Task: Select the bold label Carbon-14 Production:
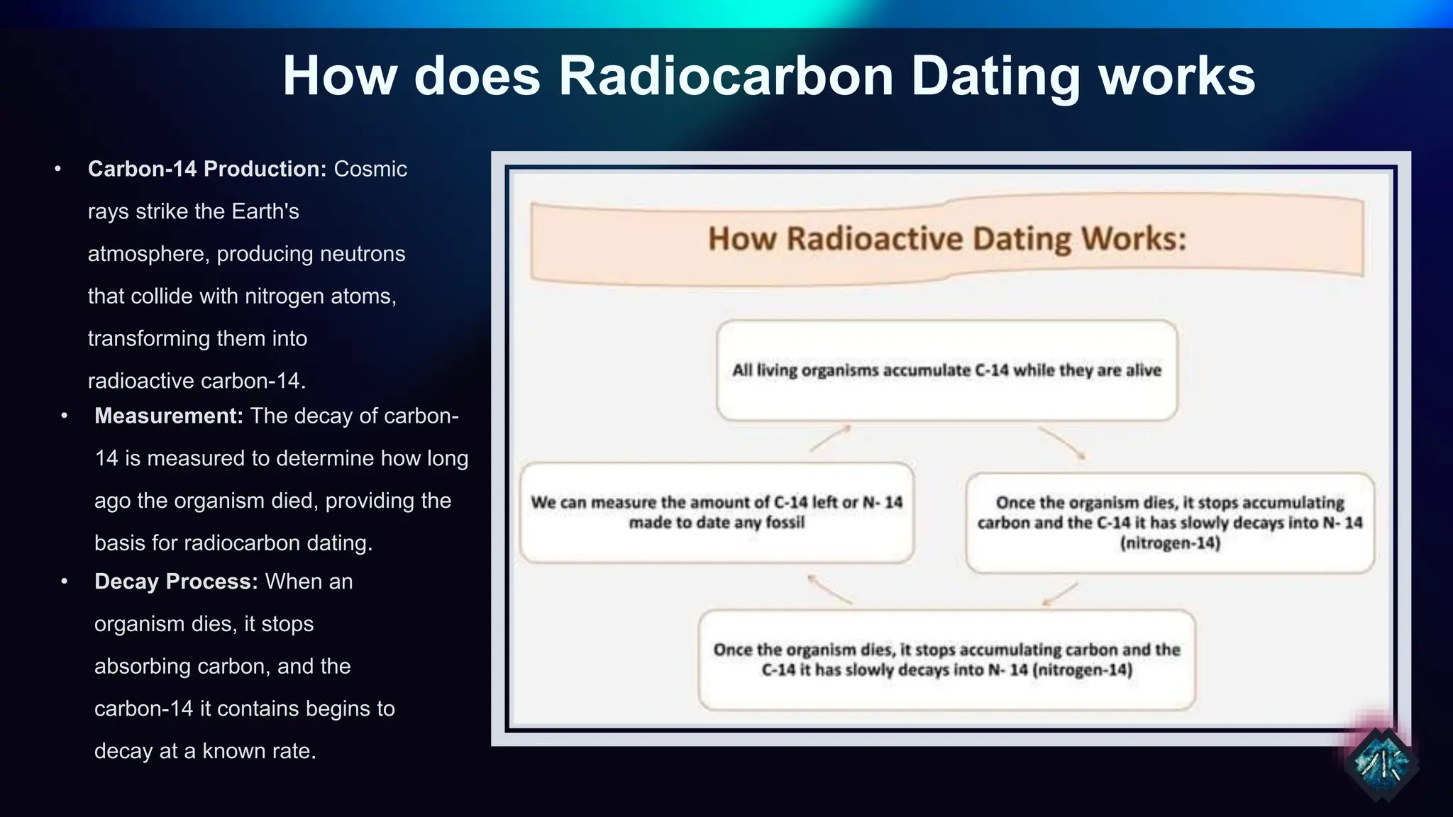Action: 206,169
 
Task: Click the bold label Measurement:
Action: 169,416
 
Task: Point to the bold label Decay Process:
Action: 176,582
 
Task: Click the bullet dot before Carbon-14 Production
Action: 58,169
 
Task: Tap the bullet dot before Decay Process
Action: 65,582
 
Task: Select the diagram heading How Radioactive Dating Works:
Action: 946,238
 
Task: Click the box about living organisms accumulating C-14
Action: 946,370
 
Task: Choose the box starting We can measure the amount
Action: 717,512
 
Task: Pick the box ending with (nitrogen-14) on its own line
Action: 1169,523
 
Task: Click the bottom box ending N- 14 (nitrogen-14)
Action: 946,660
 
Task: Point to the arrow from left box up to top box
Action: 830,438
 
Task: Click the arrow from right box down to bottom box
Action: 1060,594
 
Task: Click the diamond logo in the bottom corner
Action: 1380,764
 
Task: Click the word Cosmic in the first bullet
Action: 370,169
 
